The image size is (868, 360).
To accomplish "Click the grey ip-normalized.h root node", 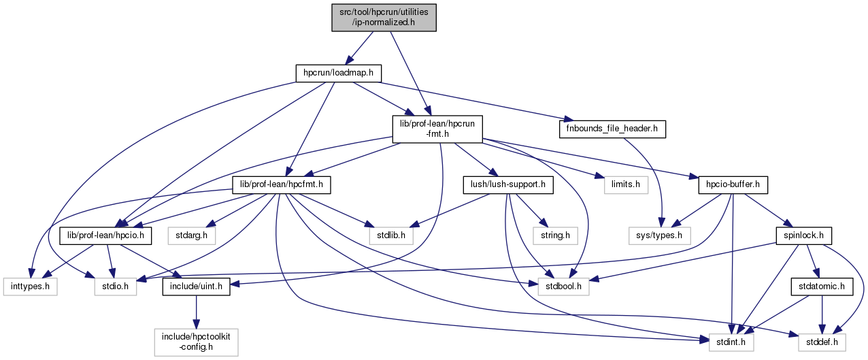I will [384, 17].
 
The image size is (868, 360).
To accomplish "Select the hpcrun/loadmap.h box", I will [338, 72].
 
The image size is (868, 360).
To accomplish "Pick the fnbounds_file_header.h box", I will [612, 129].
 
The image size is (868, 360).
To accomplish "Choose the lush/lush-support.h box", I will [508, 184].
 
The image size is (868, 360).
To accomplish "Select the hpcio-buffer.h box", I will [733, 184].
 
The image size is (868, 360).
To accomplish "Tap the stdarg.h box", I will [192, 235].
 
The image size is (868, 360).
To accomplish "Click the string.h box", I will [555, 235].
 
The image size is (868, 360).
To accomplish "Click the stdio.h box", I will [116, 287].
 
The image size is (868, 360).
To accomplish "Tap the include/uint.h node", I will [196, 287].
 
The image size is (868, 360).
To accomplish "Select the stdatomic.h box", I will [821, 287].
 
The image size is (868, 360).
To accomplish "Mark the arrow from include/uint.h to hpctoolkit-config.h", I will [196, 313].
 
